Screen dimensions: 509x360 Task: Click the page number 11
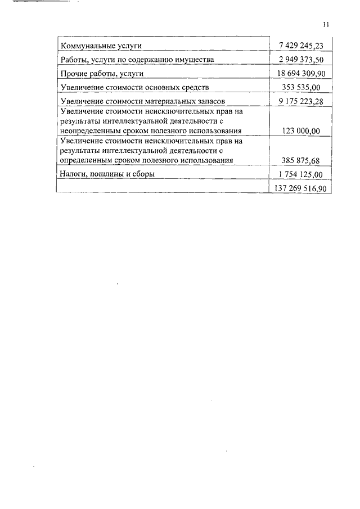coord(326,24)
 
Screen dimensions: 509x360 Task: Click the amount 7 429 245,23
coord(301,46)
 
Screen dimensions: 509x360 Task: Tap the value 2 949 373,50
coord(301,60)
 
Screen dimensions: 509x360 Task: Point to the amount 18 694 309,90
coord(301,74)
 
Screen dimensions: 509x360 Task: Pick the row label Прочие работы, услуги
coord(101,74)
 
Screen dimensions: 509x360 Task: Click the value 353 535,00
coord(301,88)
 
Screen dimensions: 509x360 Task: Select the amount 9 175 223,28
coord(301,102)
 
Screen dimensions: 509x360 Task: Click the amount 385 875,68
coord(301,161)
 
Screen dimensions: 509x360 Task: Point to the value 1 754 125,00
coord(301,175)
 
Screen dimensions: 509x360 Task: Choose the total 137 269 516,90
coord(301,189)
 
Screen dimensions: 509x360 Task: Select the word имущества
coord(195,60)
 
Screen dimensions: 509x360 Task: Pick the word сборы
coord(142,174)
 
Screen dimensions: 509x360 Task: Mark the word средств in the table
coord(195,88)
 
